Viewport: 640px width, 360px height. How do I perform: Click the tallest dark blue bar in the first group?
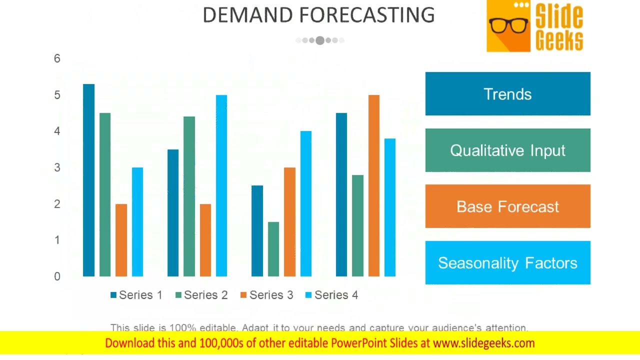coord(88,180)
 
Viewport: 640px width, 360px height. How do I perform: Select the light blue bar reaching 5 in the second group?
coord(221,185)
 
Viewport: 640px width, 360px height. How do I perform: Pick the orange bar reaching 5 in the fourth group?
coord(373,185)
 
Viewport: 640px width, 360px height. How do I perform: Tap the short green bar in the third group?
coord(273,249)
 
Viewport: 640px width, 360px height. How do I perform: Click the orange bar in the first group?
coord(121,240)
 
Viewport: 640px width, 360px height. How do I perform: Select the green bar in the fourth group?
coord(357,225)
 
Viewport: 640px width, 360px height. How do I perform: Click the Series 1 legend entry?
coord(136,295)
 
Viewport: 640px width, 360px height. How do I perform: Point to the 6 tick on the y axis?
coord(57,58)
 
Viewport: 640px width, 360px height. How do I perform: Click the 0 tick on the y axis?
coord(57,276)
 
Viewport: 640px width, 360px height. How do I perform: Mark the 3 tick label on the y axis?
coord(57,167)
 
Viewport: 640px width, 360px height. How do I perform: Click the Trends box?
coord(507,94)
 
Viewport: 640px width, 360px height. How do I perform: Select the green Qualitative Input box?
coord(507,150)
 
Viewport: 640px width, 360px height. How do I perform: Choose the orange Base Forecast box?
coord(507,206)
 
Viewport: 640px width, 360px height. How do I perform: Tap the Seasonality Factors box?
coord(507,263)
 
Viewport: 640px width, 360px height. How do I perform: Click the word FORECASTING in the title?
coord(367,15)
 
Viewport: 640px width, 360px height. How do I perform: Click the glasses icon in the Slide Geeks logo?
coord(508,25)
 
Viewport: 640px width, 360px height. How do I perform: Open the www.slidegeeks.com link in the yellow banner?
coord(483,343)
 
